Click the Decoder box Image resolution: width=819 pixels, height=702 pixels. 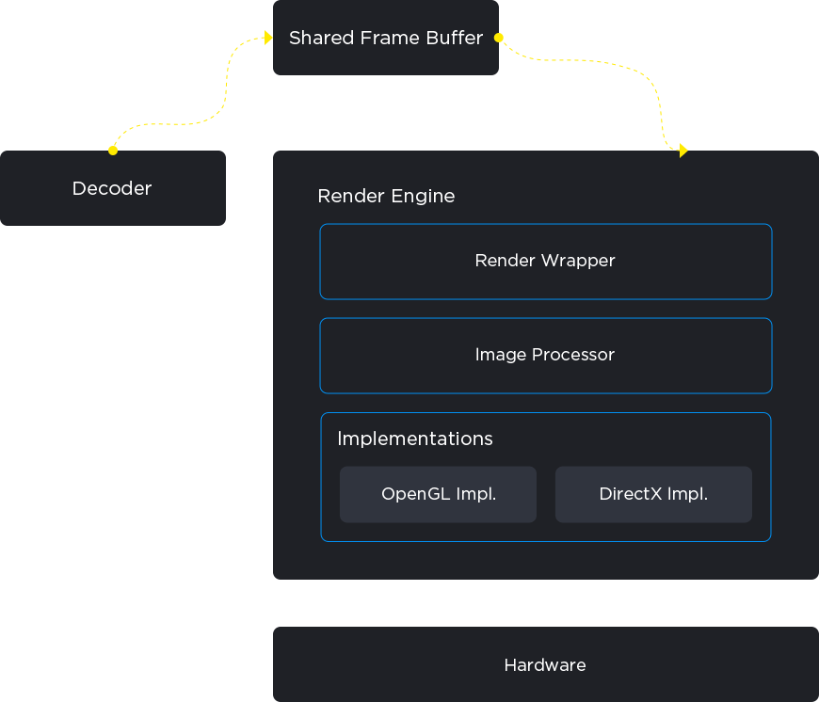point(113,188)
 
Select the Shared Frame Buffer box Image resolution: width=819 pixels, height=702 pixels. point(386,38)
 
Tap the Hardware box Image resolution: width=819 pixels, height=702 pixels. point(546,664)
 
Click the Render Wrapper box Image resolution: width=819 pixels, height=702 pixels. point(546,262)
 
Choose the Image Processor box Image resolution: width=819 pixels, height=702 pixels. point(546,356)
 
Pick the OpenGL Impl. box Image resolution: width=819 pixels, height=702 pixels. point(439,494)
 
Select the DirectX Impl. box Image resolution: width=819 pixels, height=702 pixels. point(653,494)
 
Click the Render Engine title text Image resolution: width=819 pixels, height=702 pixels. point(386,197)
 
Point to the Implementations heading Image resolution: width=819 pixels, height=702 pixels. point(415,439)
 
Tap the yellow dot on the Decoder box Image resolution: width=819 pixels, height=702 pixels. point(113,151)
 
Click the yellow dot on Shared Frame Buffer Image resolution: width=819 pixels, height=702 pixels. point(499,38)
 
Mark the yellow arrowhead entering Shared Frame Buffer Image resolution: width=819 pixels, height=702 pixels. point(268,38)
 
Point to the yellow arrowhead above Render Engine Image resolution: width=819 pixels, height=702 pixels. point(683,151)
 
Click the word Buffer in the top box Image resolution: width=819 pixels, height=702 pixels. point(454,38)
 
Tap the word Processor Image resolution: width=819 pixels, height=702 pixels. point(573,355)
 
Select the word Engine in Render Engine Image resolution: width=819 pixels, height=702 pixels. point(423,198)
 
